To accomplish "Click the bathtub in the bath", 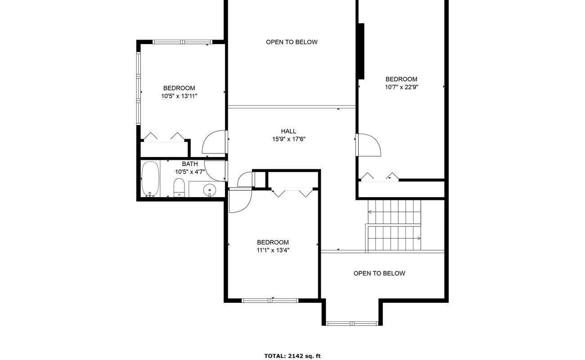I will [150, 179].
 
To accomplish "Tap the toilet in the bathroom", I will [179, 188].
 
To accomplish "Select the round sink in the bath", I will [209, 190].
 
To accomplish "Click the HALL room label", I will [288, 131].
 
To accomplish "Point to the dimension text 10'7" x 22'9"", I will [401, 87].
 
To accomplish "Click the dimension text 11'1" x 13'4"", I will [273, 250].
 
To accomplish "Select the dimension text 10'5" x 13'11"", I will [179, 96].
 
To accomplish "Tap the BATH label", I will [190, 164].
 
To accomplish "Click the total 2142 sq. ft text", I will [292, 356].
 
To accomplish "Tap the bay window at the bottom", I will [352, 323].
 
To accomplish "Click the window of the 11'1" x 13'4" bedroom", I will [270, 300].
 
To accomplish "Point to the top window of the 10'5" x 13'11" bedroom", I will [182, 42].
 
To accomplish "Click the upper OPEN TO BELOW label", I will [292, 42].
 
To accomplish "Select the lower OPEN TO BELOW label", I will [379, 273].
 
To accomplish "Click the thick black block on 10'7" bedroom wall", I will [360, 51].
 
